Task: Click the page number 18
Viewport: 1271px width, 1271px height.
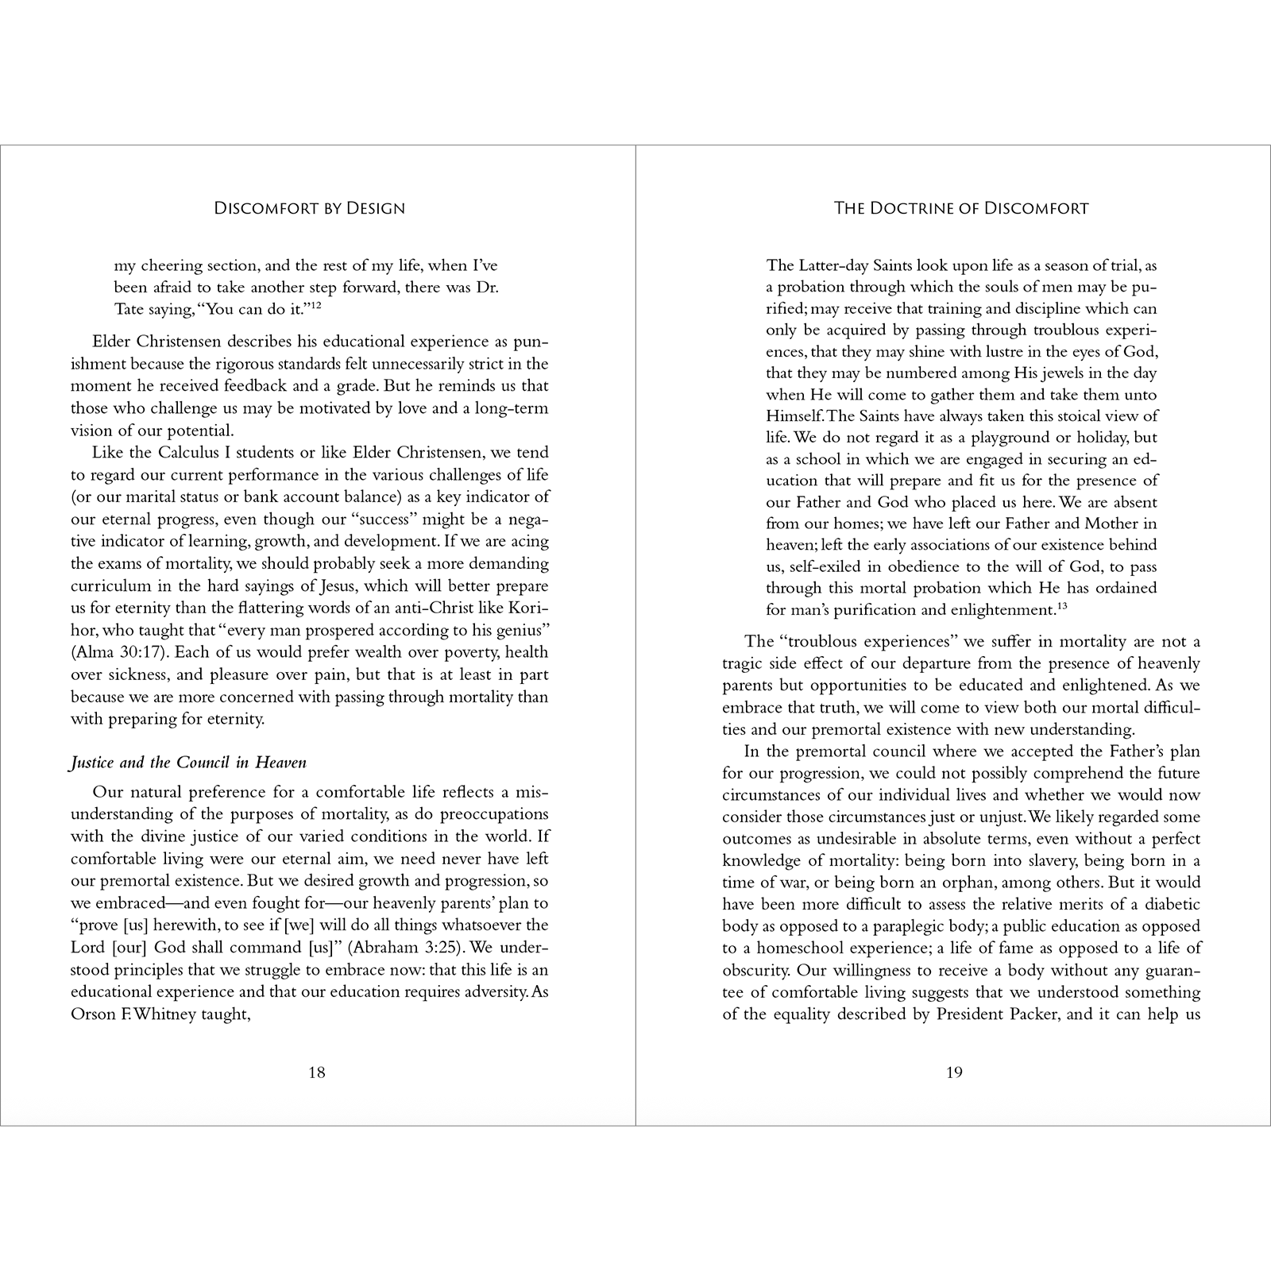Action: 316,1072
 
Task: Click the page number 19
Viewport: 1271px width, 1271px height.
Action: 954,1072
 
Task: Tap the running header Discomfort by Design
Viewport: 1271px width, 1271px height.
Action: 310,208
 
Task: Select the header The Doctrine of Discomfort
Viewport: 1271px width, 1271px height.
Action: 961,208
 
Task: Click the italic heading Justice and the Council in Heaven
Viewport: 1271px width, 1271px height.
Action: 188,763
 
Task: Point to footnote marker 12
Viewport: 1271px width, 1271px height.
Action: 315,305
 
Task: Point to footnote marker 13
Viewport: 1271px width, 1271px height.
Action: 1063,606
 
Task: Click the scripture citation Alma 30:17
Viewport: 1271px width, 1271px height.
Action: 109,652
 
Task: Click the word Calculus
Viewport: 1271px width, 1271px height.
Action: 176,453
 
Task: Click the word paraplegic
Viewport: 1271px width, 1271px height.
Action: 899,926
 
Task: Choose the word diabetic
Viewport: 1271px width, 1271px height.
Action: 1171,904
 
